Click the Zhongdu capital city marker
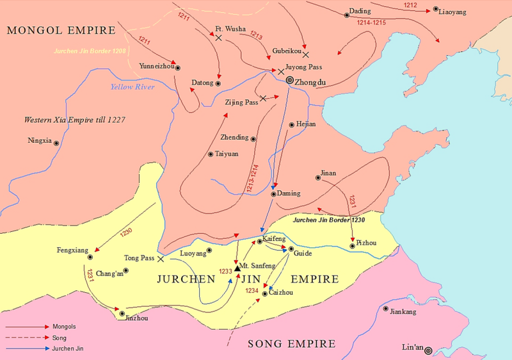click(x=289, y=81)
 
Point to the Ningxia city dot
click(x=56, y=143)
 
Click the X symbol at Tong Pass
click(x=161, y=259)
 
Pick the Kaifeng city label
click(x=274, y=237)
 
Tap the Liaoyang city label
click(x=454, y=12)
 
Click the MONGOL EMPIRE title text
click(x=60, y=29)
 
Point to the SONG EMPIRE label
click(x=291, y=344)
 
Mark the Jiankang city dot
click(x=386, y=309)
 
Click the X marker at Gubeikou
click(x=305, y=54)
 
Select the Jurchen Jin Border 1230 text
click(x=328, y=220)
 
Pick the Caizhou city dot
click(x=264, y=294)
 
